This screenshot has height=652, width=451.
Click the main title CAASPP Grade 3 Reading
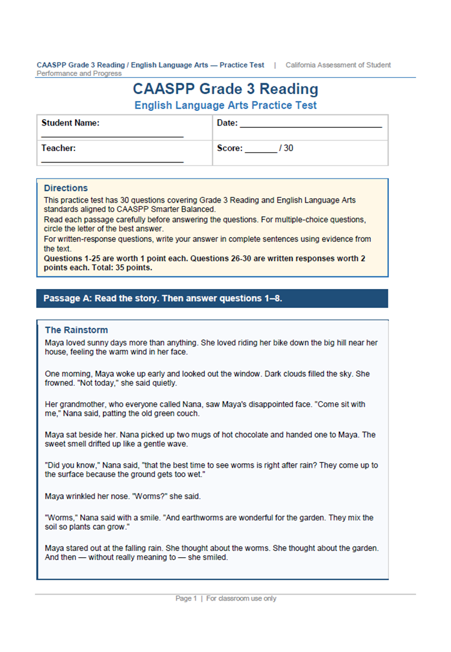coord(225,89)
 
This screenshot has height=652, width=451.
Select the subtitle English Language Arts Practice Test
coord(225,105)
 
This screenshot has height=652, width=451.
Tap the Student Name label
coord(70,123)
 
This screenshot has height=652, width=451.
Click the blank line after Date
coord(311,127)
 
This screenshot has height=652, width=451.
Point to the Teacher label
coord(58,149)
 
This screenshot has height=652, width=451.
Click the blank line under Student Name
coord(113,136)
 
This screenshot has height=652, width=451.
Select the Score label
coord(229,149)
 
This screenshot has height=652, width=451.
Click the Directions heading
coord(66,188)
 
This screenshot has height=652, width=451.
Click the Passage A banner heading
coord(163,298)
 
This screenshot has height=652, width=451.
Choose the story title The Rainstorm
coord(76,330)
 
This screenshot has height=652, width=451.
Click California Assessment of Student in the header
coord(338,65)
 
